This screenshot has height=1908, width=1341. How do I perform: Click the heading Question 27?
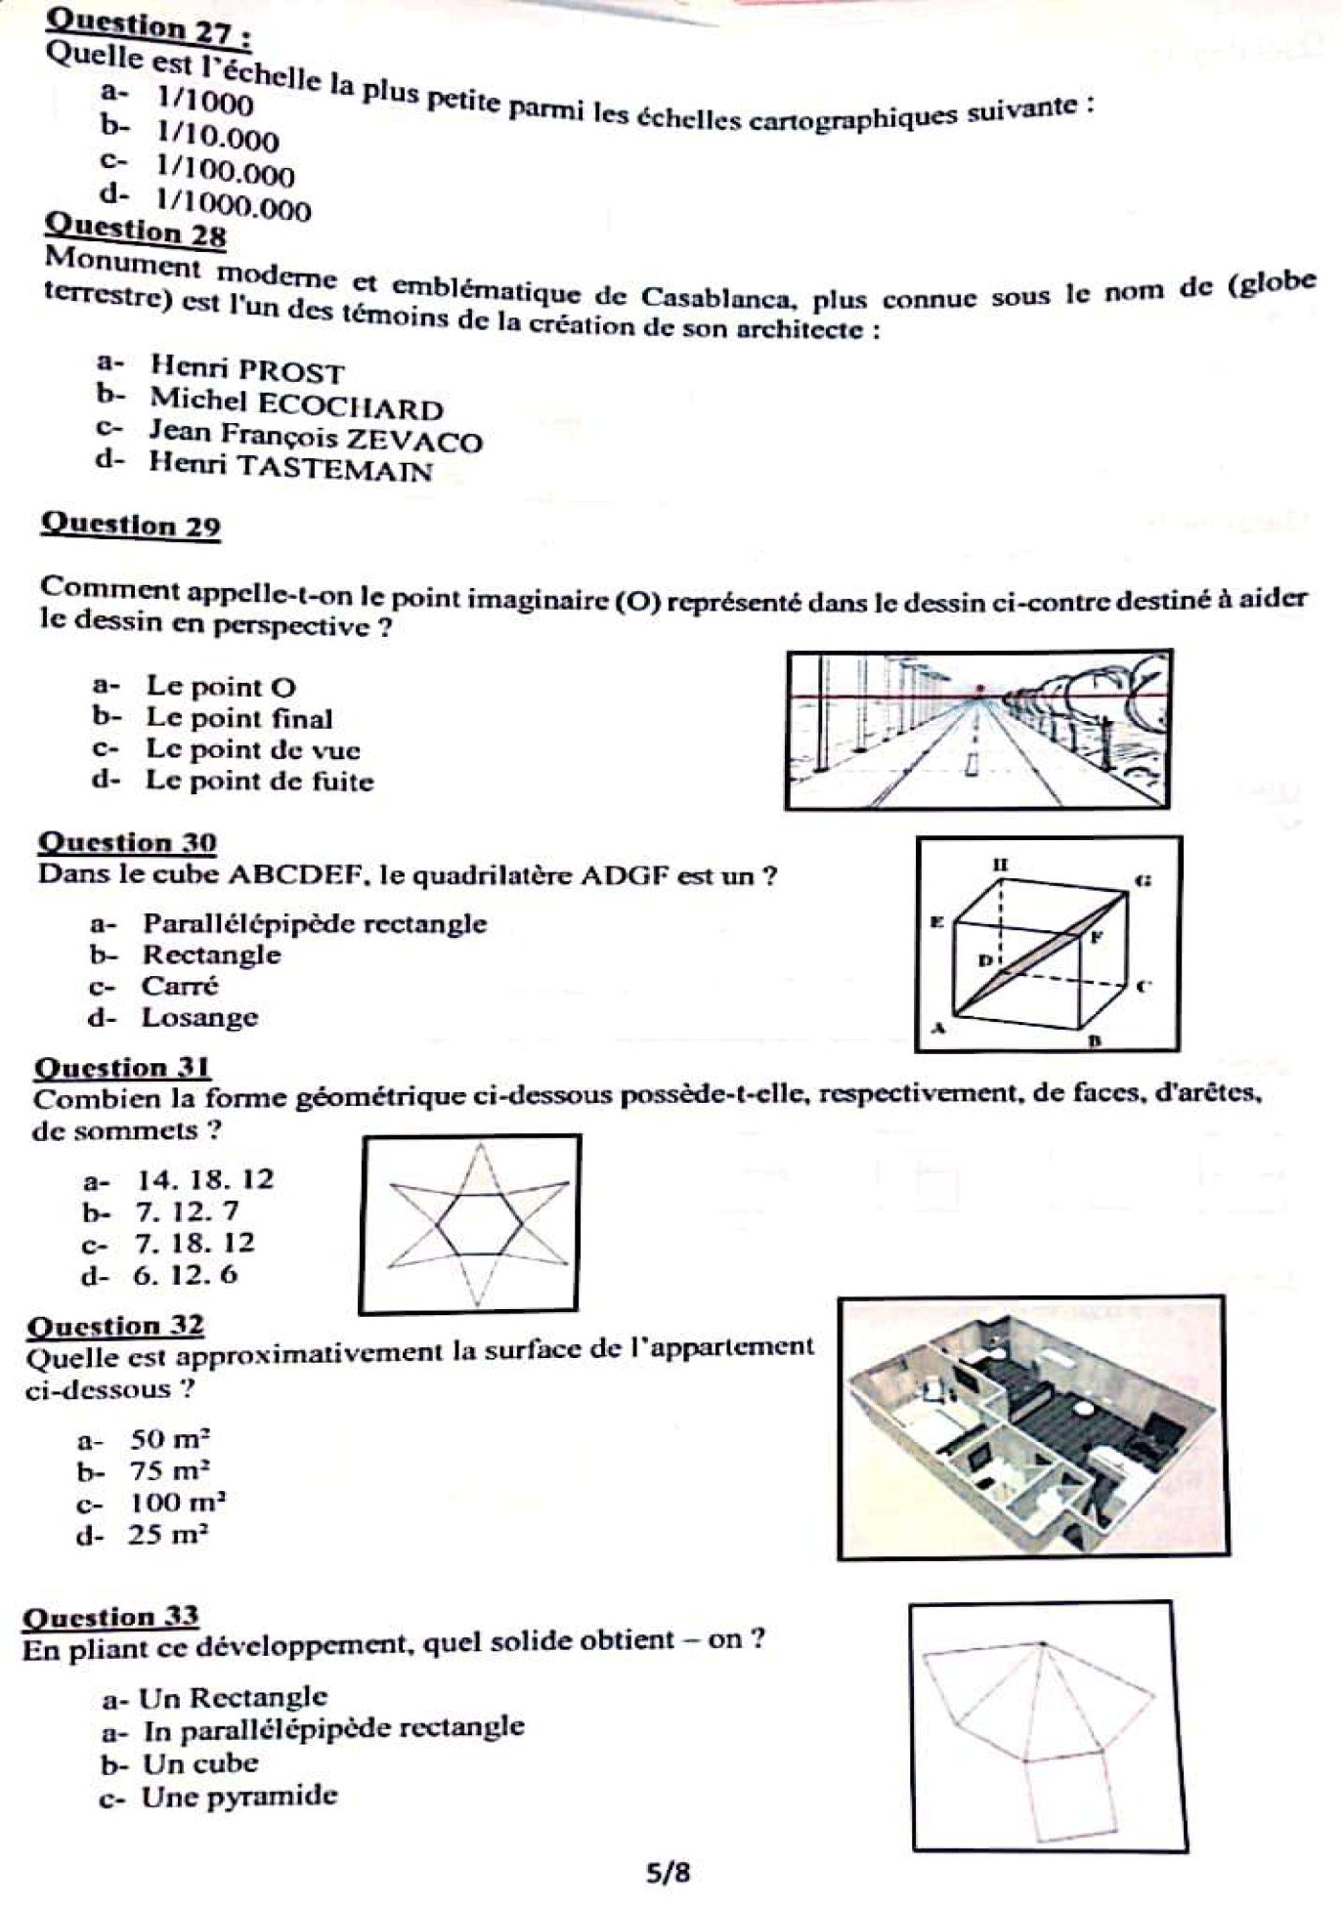[x=149, y=27]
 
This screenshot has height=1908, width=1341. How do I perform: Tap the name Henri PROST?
[x=246, y=369]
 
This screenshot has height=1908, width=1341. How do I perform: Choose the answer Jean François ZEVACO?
[x=315, y=436]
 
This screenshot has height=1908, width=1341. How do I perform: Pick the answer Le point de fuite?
[x=259, y=781]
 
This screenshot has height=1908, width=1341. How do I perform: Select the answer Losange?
[x=199, y=1017]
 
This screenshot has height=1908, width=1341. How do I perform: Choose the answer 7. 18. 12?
[x=195, y=1243]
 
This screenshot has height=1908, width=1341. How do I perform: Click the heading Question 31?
[x=122, y=1068]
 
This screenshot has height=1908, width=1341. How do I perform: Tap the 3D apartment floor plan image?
[x=1032, y=1427]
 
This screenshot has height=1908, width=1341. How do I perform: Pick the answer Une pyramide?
[x=238, y=1797]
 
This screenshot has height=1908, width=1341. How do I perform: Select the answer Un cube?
[x=199, y=1763]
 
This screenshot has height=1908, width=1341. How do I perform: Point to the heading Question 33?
[x=110, y=1617]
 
